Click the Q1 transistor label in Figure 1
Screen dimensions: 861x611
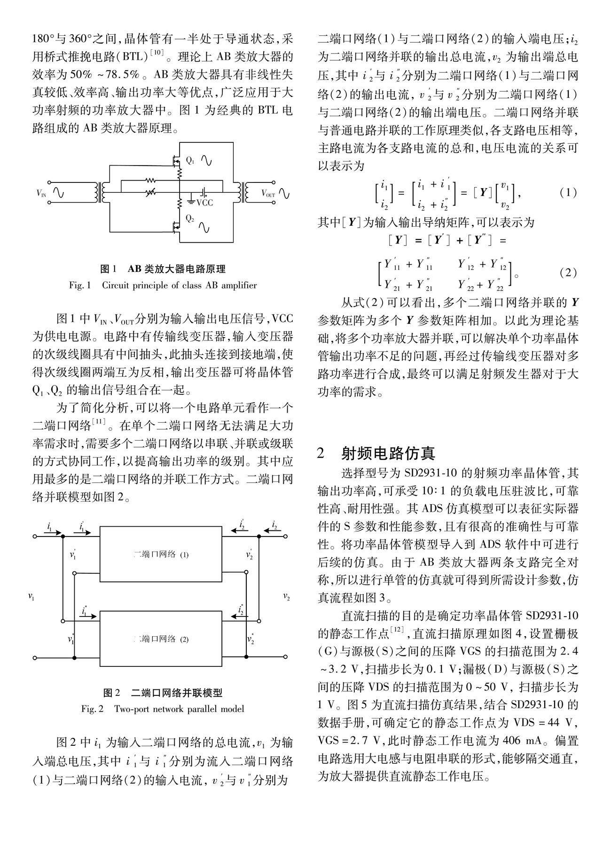[x=190, y=160]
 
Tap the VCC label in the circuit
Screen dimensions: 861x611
[x=204, y=203]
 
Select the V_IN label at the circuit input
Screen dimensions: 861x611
[x=41, y=193]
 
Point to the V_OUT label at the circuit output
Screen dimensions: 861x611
[x=268, y=193]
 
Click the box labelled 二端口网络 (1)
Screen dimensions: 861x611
[x=161, y=554]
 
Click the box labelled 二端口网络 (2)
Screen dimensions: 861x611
[x=161, y=639]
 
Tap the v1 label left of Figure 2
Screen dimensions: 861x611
[x=31, y=597]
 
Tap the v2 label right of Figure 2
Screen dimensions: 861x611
[x=286, y=597]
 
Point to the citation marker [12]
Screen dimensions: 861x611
[x=397, y=629]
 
